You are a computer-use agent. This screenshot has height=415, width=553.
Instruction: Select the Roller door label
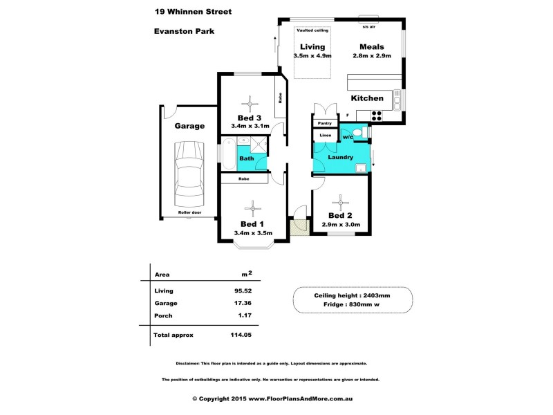[189, 212]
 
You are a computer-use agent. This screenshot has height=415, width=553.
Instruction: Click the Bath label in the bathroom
[247, 158]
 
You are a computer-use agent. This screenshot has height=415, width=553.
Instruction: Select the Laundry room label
[341, 157]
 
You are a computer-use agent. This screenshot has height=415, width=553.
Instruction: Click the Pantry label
[325, 123]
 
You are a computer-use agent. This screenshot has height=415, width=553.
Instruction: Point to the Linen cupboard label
[325, 135]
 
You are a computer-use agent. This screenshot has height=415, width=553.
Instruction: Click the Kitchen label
[367, 98]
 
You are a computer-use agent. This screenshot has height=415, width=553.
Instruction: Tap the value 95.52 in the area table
[242, 290]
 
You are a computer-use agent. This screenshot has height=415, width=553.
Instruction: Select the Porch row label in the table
[163, 315]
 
